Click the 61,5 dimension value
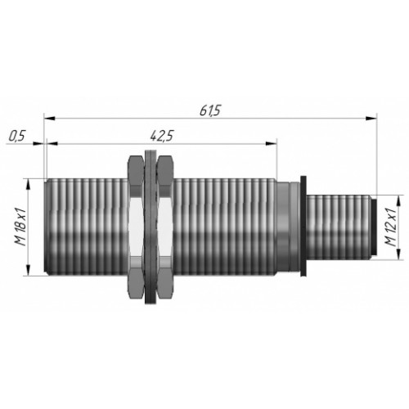(209, 111)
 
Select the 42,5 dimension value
(162, 136)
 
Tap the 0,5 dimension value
(17, 136)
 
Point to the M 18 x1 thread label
(20, 227)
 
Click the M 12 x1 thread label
(390, 227)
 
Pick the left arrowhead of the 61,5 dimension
(50, 119)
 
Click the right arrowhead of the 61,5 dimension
(371, 119)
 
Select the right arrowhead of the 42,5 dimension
(272, 143)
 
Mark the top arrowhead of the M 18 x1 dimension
(28, 185)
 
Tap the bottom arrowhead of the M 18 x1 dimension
(28, 270)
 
